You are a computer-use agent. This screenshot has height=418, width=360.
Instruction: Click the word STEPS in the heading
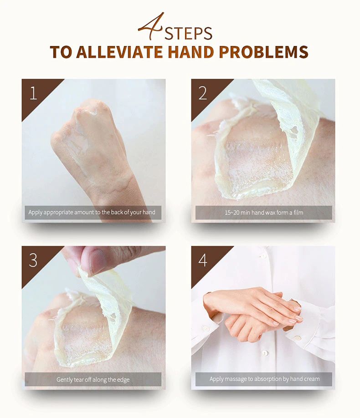(x=188, y=33)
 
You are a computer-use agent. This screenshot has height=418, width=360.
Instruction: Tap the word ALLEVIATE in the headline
(x=119, y=52)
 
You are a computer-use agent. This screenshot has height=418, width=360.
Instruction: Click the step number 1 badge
(x=34, y=93)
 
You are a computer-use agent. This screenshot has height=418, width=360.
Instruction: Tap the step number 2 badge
(x=203, y=93)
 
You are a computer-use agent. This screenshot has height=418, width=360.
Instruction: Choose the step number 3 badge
(x=33, y=260)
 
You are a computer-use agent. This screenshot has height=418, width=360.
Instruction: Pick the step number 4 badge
(x=203, y=260)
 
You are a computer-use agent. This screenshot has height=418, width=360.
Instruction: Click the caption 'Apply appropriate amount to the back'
(x=92, y=213)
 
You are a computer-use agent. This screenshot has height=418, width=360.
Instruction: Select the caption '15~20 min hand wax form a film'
(x=264, y=213)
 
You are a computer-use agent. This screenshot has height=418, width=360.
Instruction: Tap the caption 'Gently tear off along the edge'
(x=93, y=379)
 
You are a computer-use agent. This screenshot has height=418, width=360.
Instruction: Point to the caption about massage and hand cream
(x=264, y=379)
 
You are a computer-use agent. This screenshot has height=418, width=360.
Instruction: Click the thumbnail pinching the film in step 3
(x=97, y=260)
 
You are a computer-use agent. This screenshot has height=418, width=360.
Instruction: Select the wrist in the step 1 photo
(x=121, y=184)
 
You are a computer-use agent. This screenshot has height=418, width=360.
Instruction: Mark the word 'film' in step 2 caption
(x=298, y=213)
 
